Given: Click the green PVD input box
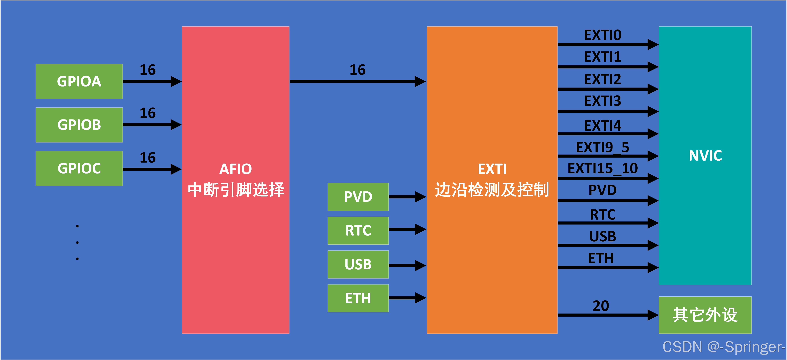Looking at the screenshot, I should click(x=358, y=197).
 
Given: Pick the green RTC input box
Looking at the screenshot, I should click(x=358, y=230).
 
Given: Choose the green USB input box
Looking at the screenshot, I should click(x=358, y=264).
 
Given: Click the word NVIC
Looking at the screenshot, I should click(x=705, y=156).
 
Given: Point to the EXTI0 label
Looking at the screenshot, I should click(x=602, y=35).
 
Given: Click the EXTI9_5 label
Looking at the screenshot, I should click(x=602, y=147).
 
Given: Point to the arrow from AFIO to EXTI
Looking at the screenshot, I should click(x=357, y=81).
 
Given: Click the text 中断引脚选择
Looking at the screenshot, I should click(x=236, y=190).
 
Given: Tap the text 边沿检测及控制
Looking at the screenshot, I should click(x=492, y=190).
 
